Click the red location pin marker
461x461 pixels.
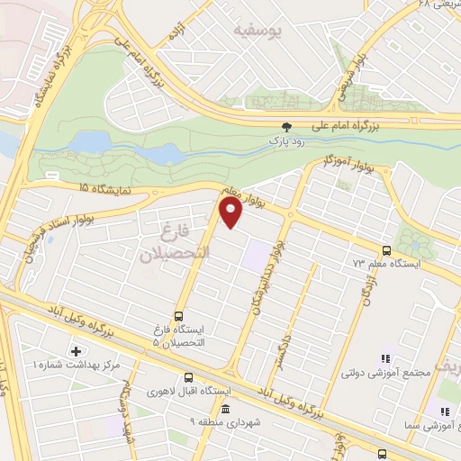(231, 211)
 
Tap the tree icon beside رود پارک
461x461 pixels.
(287, 128)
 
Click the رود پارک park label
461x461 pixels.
(287, 141)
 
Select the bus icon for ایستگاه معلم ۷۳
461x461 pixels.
(386, 250)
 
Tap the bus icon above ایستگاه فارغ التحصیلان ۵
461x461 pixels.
(177, 316)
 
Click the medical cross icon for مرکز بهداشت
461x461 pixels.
(76, 350)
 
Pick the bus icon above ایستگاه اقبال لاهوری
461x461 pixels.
(188, 378)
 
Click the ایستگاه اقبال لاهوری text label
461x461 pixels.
(190, 392)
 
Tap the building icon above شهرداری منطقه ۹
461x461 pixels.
(224, 409)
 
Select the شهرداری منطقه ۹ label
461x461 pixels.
(224, 421)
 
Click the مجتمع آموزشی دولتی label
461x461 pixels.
(377, 371)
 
